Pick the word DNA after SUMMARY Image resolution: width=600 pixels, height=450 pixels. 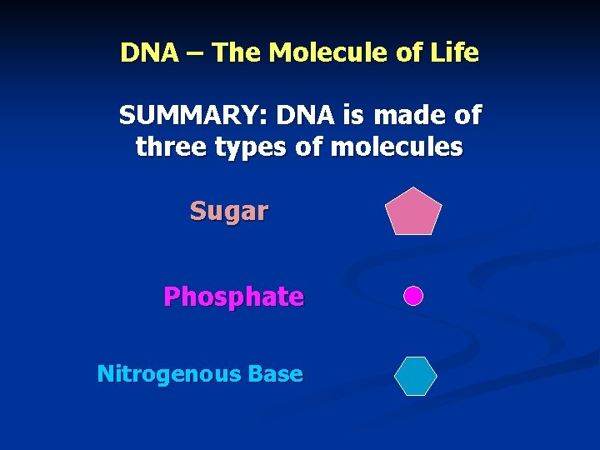[x=303, y=115]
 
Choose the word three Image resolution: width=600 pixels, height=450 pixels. [x=171, y=147]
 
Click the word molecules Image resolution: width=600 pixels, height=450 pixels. [x=397, y=147]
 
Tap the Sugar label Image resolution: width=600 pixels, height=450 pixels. [x=228, y=212]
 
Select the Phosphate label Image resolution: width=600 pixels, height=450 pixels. [x=233, y=297]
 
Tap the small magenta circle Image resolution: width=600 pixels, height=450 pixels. [x=413, y=296]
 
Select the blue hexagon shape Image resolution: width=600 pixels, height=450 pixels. [x=415, y=375]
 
